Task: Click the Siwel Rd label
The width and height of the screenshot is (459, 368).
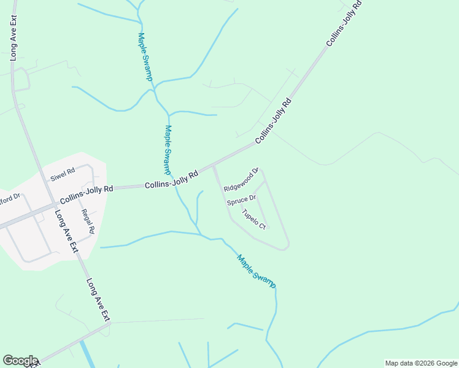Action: pyautogui.click(x=63, y=174)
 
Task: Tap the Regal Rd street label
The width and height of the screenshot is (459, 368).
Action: pyautogui.click(x=87, y=221)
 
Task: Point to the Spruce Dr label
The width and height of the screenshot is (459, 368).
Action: pyautogui.click(x=241, y=200)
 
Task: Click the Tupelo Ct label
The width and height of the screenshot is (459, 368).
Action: pyautogui.click(x=253, y=219)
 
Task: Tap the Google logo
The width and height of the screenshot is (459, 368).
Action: pyautogui.click(x=20, y=361)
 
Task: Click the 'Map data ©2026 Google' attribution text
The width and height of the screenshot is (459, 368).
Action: pyautogui.click(x=421, y=363)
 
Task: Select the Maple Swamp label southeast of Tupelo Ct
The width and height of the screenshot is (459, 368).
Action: pyautogui.click(x=256, y=271)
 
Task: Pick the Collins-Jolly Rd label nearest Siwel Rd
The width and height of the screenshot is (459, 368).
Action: pyautogui.click(x=87, y=194)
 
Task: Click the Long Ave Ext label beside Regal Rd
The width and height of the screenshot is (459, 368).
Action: pyautogui.click(x=66, y=232)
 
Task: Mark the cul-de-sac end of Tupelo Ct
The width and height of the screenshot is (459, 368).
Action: pyautogui.click(x=268, y=228)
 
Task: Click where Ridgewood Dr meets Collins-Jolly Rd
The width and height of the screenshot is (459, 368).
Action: pyautogui.click(x=213, y=167)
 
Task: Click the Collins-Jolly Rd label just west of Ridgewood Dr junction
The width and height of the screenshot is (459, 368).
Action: pyautogui.click(x=172, y=180)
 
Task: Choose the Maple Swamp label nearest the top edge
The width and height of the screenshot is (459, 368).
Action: pyautogui.click(x=145, y=57)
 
